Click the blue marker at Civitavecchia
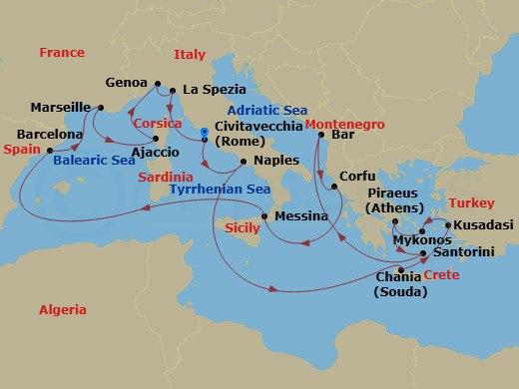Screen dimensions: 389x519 (204, 131)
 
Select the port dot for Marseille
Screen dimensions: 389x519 (101, 107)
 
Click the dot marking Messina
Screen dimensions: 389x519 (263, 216)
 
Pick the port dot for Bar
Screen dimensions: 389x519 (321, 134)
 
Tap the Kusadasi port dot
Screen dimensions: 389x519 (448, 225)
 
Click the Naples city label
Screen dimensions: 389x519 (276, 160)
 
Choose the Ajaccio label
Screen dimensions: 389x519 (155, 152)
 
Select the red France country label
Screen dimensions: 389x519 (62, 52)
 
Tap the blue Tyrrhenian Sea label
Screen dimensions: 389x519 (220, 189)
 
